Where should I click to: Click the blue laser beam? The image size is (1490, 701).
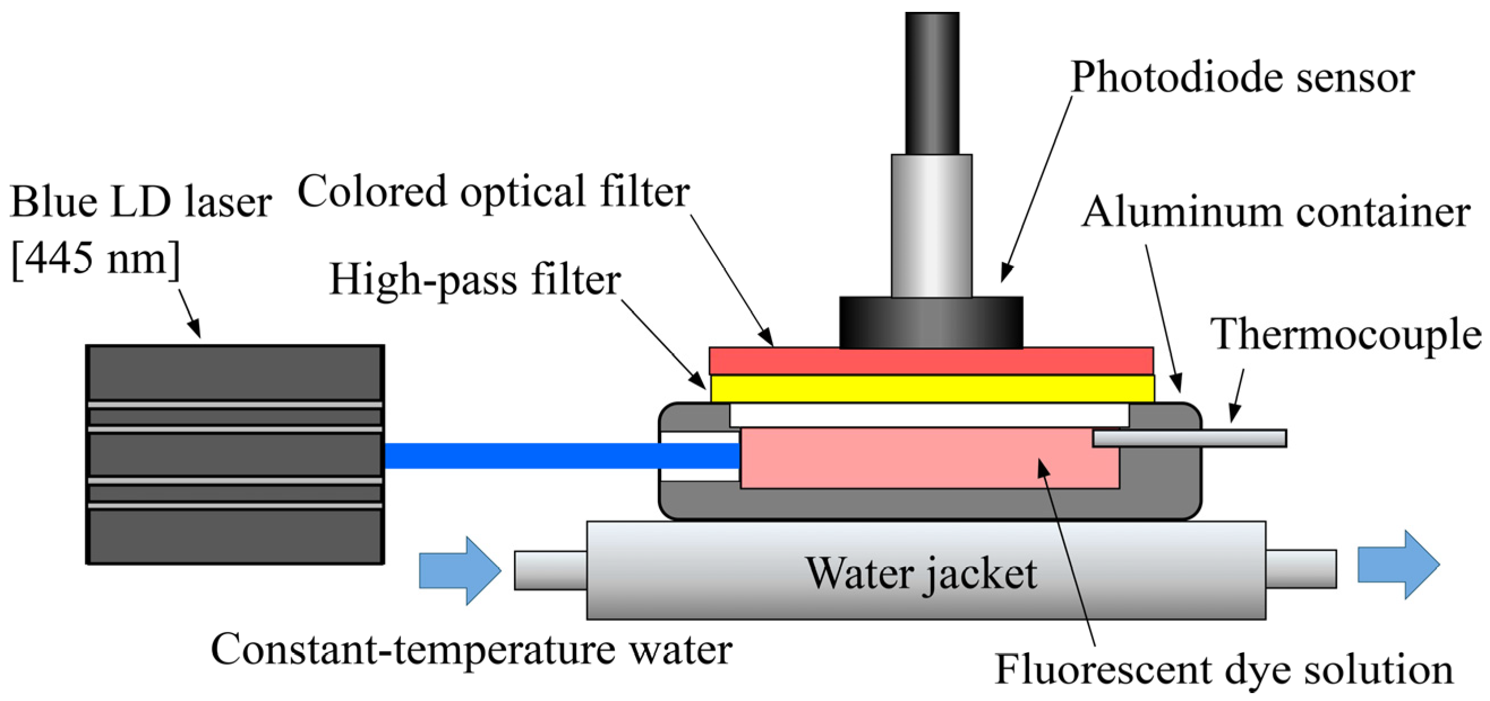(555, 455)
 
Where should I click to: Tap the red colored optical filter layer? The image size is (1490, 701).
(931, 361)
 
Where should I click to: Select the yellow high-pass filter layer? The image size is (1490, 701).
(931, 388)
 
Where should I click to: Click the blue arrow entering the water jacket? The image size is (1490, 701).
(460, 570)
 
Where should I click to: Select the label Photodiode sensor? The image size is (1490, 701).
(1243, 78)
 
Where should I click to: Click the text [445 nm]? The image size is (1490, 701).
(96, 259)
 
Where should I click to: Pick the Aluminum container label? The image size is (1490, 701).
(1275, 213)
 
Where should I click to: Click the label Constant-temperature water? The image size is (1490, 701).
(472, 650)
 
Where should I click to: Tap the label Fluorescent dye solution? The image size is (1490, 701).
(1223, 670)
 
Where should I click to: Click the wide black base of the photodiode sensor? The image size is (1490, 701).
(931, 322)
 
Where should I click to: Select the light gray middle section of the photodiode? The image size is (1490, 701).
(931, 225)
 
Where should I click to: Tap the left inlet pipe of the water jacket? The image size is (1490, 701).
(550, 570)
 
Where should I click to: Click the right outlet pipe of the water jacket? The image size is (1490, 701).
(1301, 569)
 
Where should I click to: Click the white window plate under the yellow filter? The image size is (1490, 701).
(928, 415)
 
